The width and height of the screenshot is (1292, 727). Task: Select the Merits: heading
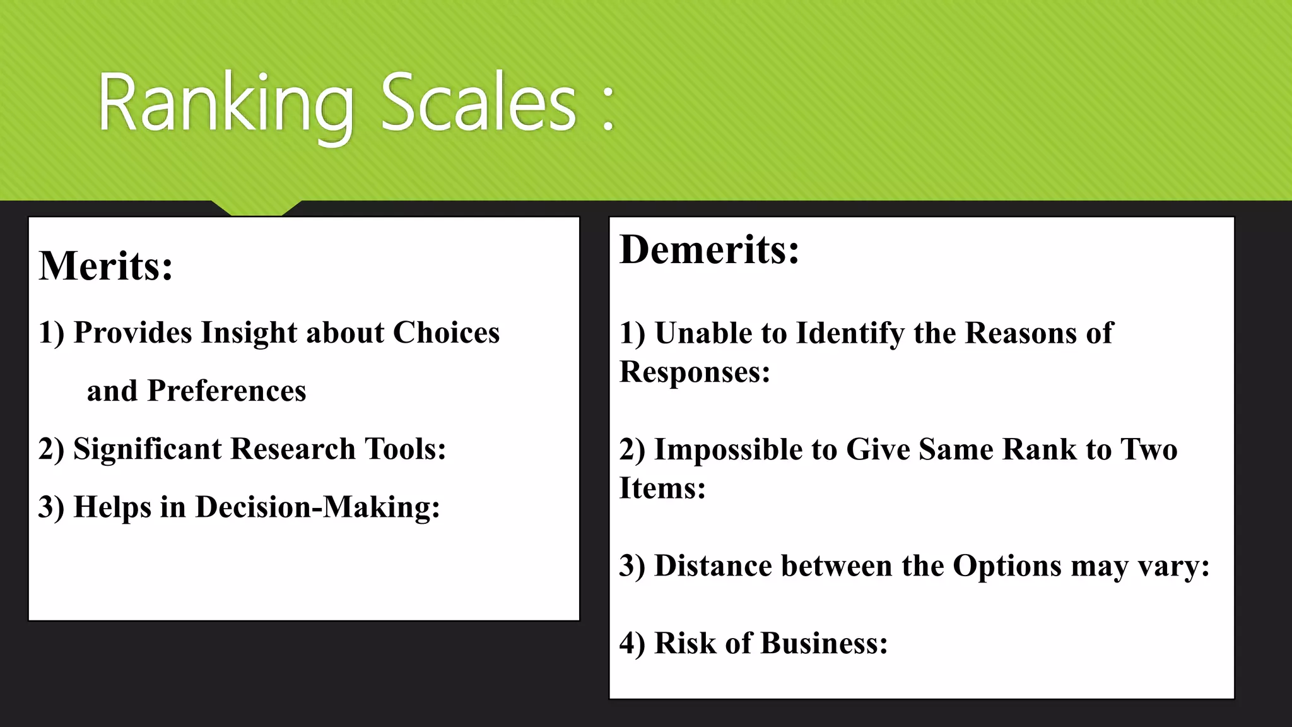tap(106, 266)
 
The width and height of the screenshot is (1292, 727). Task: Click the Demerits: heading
tap(710, 249)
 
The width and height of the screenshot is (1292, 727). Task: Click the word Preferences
tap(226, 391)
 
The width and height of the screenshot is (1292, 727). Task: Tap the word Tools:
tap(406, 449)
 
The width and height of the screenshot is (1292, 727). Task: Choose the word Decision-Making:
tap(317, 507)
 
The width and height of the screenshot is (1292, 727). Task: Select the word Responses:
tap(695, 372)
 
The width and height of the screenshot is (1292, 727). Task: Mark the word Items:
tap(662, 488)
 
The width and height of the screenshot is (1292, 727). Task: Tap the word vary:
tap(1174, 565)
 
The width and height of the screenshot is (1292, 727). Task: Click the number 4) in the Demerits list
tap(632, 643)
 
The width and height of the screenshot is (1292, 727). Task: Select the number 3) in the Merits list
tap(51, 507)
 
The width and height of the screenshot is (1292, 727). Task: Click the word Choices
tap(446, 333)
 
